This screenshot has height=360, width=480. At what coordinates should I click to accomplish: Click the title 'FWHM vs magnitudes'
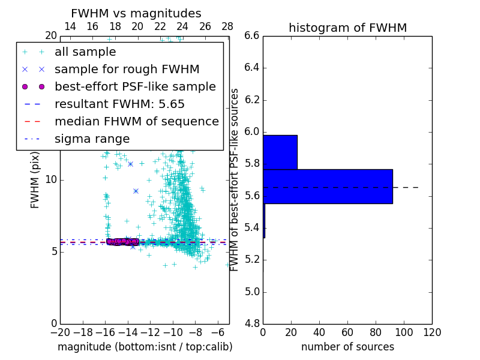coord(136,14)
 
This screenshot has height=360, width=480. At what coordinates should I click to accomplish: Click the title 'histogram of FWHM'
coord(347,28)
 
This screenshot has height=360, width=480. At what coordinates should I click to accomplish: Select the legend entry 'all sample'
coord(85,52)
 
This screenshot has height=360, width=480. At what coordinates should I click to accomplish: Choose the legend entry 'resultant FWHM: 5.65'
coord(119,104)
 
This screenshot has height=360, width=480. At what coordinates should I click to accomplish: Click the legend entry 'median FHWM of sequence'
coord(136,121)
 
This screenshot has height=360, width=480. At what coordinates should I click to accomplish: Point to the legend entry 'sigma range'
coord(92,139)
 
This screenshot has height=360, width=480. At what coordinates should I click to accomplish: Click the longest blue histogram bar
coord(328,187)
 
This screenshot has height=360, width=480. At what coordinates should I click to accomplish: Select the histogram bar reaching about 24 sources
coord(280,152)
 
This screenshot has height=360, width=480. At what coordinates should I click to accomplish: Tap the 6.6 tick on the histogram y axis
coord(251,36)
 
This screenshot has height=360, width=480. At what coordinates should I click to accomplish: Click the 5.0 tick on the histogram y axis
coord(251,292)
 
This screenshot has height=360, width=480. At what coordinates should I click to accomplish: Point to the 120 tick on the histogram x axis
coord(432,332)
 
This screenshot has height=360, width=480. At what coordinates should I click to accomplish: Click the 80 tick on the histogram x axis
coord(376,332)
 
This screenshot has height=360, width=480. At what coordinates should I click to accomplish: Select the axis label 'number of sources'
coord(347,347)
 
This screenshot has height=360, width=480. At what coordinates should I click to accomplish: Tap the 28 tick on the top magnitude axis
coord(227,26)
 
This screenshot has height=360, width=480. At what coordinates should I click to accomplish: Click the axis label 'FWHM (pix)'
coord(35,181)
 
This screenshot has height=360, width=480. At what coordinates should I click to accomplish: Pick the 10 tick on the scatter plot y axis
coord(50,180)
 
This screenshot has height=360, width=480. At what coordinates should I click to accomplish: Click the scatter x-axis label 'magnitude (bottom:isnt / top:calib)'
coord(145,347)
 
